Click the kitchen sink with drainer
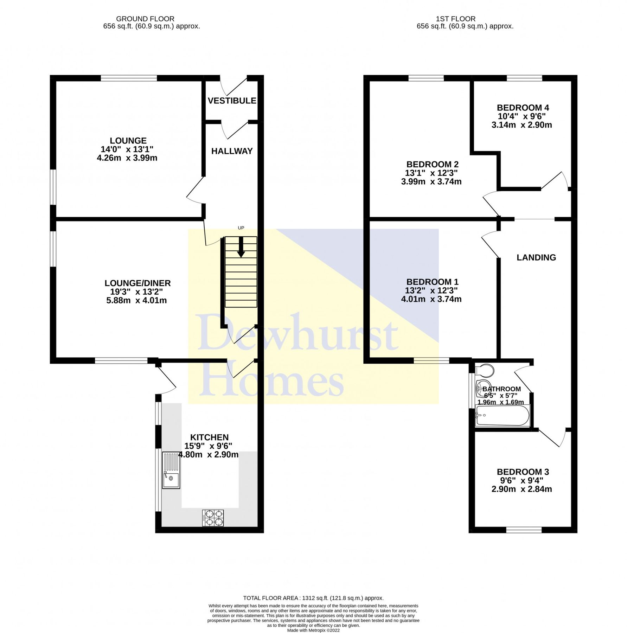click(x=171, y=471)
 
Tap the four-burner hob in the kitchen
click(x=213, y=518)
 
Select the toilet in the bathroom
click(x=485, y=370)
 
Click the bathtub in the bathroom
click(x=502, y=416)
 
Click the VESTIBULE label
click(x=232, y=101)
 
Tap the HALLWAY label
click(x=232, y=151)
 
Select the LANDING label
click(x=536, y=257)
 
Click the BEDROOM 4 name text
click(x=523, y=108)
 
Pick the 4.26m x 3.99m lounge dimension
click(x=127, y=158)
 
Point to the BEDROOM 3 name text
click(x=523, y=472)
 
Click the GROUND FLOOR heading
click(x=145, y=19)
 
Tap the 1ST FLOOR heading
click(x=455, y=19)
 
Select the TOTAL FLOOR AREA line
click(x=313, y=598)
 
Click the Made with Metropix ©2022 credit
click(x=313, y=631)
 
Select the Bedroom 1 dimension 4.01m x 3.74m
click(x=431, y=299)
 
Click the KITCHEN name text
click(x=209, y=437)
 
